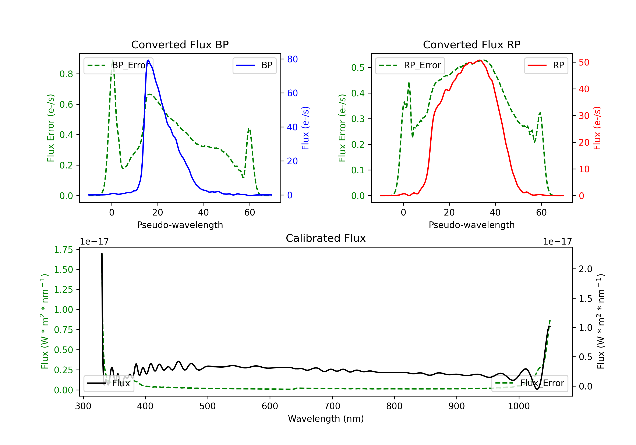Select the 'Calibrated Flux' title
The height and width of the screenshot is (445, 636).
tap(326, 238)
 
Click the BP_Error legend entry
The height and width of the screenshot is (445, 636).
tap(118, 65)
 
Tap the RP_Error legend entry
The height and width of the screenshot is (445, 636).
tap(410, 65)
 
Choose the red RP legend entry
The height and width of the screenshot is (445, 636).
tap(546, 65)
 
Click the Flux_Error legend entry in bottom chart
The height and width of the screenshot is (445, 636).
tap(530, 383)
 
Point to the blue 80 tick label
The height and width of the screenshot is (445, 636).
tap(293, 59)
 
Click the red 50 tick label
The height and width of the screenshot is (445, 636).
tap(584, 63)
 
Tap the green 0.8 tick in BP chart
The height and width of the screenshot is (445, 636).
tap(66, 74)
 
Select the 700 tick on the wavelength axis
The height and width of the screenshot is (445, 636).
tap(332, 406)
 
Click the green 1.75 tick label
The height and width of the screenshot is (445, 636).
tap(63, 250)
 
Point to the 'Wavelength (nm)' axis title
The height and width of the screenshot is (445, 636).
tap(326, 419)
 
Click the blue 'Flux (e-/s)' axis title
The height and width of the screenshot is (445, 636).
tap(305, 128)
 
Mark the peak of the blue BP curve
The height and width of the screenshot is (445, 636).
tap(148, 60)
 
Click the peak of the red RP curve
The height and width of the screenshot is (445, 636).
tap(479, 60)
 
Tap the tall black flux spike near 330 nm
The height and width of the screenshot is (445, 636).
tap(102, 254)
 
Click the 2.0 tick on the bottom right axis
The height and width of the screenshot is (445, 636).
tap(585, 269)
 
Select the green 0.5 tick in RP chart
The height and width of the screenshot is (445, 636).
tap(358, 68)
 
